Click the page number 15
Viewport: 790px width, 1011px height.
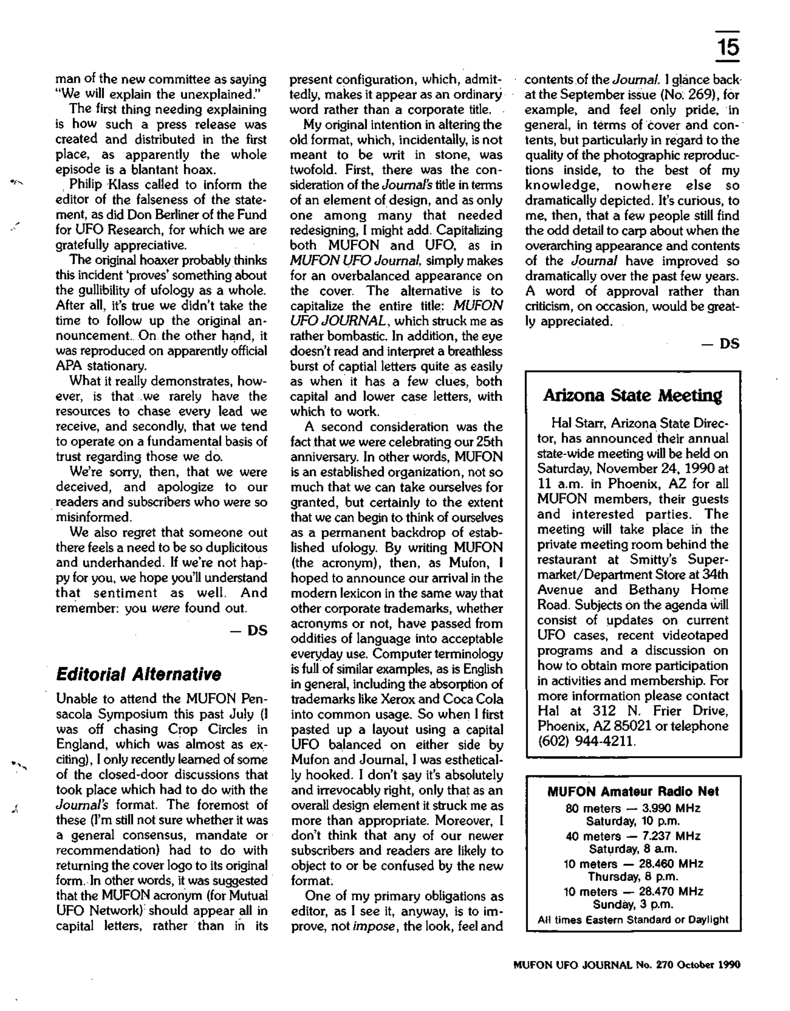coord(728,48)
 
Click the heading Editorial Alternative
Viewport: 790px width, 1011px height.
coord(138,674)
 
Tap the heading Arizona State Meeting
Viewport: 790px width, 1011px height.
coord(632,396)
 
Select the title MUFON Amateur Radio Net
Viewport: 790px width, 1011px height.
coord(633,791)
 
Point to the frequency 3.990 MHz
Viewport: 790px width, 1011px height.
coord(671,808)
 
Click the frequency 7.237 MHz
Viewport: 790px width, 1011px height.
coord(671,836)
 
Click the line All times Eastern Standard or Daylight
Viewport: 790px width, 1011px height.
coord(633,920)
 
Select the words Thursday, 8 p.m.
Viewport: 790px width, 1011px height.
coord(633,877)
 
